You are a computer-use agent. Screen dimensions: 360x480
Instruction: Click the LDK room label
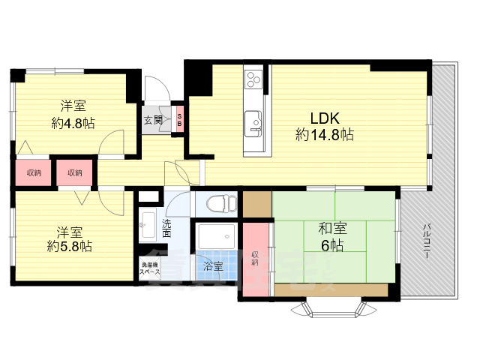(326, 118)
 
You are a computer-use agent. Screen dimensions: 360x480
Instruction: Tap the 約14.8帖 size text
(325, 135)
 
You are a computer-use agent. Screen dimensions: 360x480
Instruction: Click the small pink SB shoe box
(179, 119)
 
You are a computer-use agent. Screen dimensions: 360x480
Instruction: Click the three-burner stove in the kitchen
(253, 78)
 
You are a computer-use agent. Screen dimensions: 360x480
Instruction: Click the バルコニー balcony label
(425, 241)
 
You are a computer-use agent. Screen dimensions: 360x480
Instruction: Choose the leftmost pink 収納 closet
(34, 173)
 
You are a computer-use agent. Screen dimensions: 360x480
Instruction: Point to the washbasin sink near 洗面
(147, 223)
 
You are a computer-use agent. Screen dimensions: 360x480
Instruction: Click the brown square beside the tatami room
(257, 204)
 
